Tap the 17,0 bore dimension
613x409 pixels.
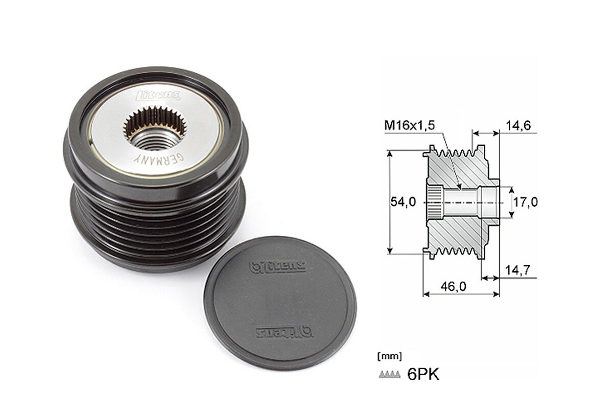pyautogui.click(x=526, y=202)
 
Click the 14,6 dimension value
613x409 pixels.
pyautogui.click(x=518, y=124)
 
